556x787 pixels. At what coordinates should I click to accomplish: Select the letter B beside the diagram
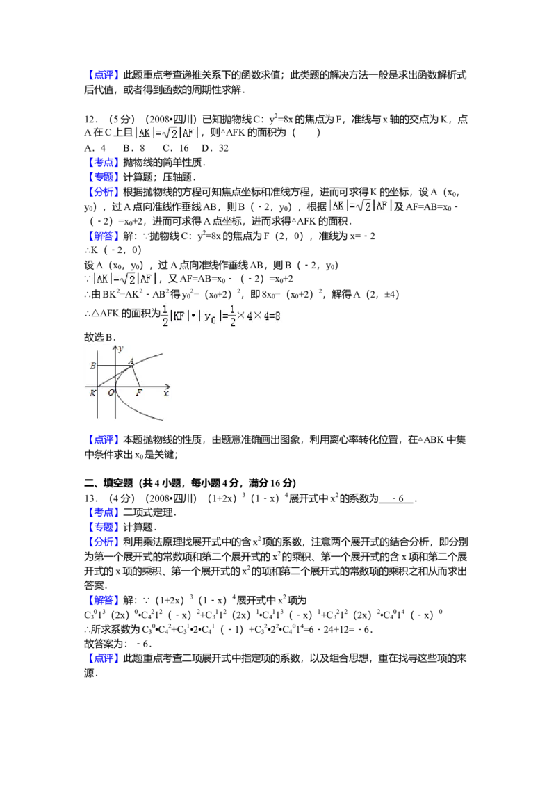click(92, 366)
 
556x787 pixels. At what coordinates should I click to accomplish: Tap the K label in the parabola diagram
click(92, 394)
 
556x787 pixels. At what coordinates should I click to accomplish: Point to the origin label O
click(111, 394)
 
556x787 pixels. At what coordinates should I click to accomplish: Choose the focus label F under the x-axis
click(139, 394)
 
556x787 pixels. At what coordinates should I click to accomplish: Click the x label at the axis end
click(166, 394)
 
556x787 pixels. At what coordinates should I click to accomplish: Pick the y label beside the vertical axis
click(120, 347)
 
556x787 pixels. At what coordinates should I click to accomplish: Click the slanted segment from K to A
click(115, 376)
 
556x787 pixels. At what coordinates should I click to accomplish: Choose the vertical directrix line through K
click(97, 403)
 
